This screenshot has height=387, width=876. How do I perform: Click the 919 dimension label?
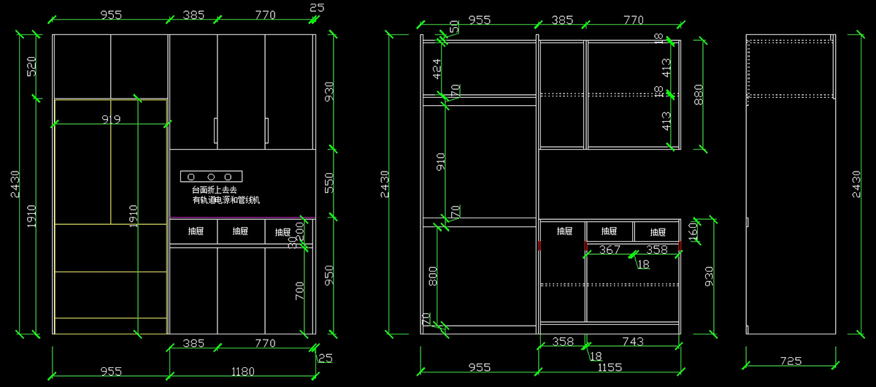pos(111,119)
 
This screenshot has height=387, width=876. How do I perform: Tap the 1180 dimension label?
pos(242,372)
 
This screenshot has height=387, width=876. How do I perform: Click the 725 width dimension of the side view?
pos(791,361)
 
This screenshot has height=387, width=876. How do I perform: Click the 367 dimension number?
pos(610,250)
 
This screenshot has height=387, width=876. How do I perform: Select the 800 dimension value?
pos(433,276)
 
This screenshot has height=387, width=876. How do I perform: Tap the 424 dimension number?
pos(437,69)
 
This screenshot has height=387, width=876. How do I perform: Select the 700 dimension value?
pos(299,291)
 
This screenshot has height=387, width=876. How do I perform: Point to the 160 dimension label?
pos(693,232)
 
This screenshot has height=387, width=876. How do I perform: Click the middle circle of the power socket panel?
pos(210,177)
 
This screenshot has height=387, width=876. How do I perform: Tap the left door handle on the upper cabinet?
pos(215,131)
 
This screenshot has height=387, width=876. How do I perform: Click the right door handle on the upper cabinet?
pos(266,131)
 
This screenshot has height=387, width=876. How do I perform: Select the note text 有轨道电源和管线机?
pos(226,200)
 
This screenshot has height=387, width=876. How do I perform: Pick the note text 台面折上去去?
pos(210,190)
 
